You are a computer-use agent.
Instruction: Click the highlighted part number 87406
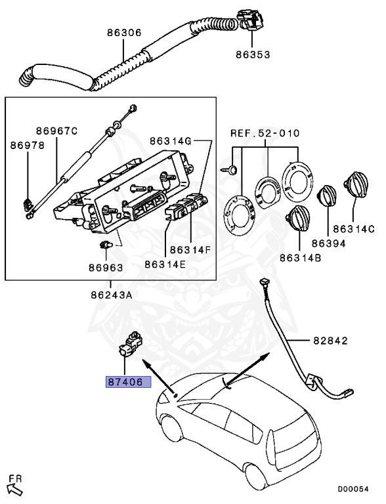(129, 381)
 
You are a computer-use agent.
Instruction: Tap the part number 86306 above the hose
(124, 33)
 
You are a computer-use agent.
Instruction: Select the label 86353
(253, 54)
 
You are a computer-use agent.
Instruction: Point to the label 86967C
(56, 131)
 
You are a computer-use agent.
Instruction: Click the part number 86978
(28, 145)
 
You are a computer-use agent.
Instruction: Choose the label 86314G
(171, 140)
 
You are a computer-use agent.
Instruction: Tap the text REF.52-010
(265, 133)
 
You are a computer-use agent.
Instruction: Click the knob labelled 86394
(327, 196)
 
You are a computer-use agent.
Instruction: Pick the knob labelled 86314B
(298, 219)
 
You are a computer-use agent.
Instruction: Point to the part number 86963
(106, 268)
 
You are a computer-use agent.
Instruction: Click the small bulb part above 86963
(106, 245)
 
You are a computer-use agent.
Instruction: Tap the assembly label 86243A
(112, 295)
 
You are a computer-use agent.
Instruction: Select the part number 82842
(331, 341)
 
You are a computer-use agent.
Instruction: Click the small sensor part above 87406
(131, 345)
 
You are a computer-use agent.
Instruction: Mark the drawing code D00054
(353, 489)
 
